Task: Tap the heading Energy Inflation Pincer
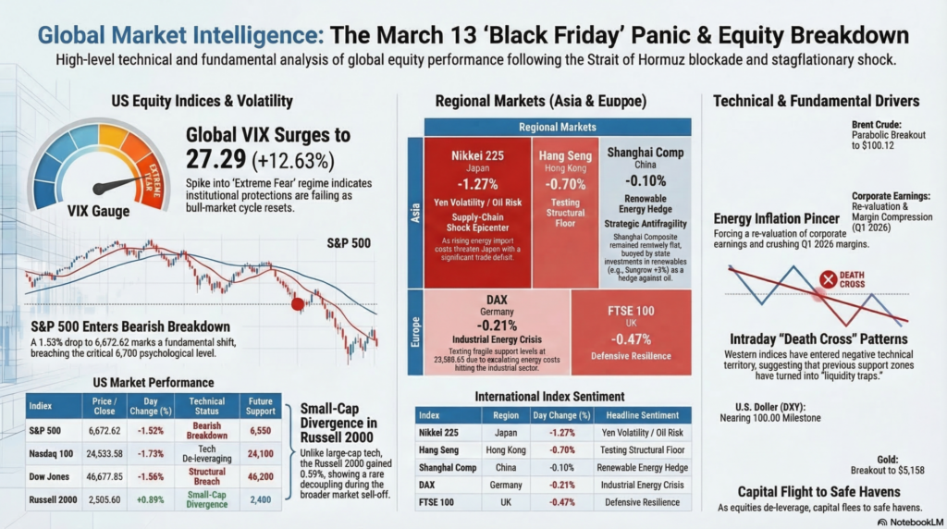[777, 219]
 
